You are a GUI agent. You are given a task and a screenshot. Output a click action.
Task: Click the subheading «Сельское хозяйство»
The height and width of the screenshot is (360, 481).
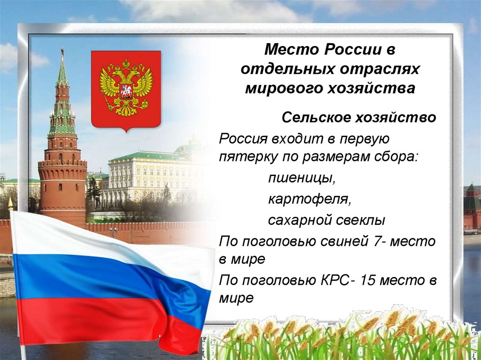click(359, 117)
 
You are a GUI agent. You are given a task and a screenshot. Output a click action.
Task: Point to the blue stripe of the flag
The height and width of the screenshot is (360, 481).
click(94, 277)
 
